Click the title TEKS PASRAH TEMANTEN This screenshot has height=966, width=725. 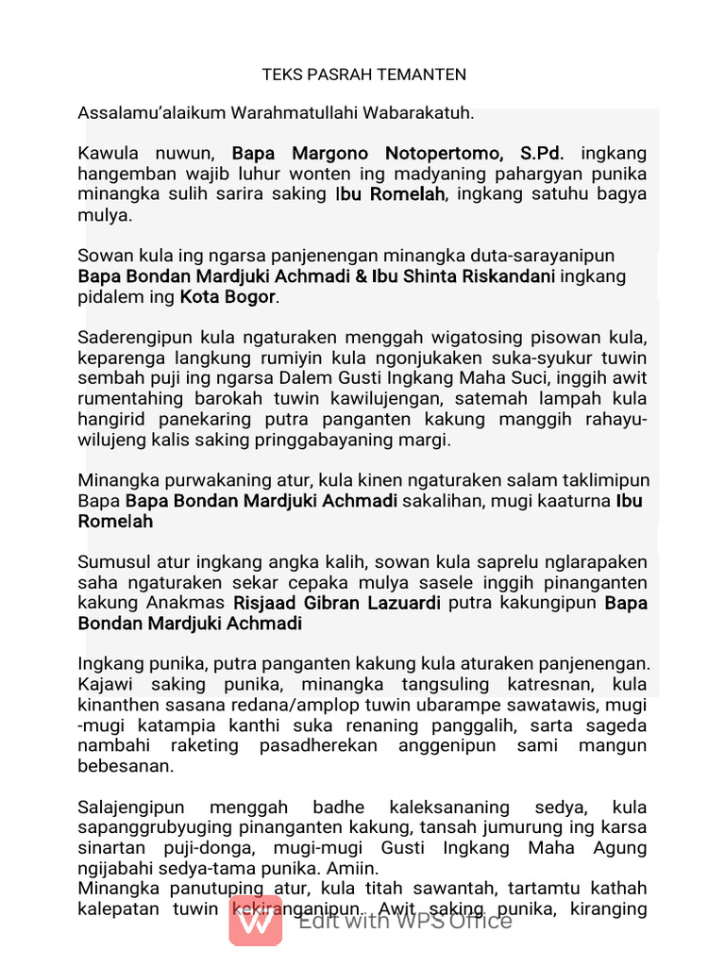pos(363,75)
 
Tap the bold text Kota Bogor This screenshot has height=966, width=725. pos(228,297)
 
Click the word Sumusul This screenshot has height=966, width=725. pos(112,562)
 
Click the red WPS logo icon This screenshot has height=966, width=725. pos(255,920)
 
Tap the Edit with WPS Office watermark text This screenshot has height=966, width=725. pos(405,921)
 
